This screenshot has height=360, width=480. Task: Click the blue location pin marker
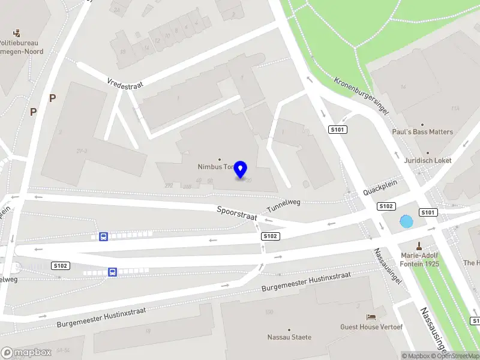click(241, 169)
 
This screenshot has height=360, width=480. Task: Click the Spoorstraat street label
click(236, 213)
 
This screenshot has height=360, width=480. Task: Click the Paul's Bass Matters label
click(422, 132)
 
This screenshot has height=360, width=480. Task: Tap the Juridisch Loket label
click(428, 161)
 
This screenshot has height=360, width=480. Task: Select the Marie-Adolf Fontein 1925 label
click(419, 260)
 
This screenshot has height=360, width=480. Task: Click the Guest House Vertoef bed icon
click(371, 317)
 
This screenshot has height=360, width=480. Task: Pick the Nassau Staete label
click(289, 337)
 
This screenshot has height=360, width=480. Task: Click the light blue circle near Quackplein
click(406, 221)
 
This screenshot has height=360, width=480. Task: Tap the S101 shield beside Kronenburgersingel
click(338, 130)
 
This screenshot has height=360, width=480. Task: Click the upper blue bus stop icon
click(103, 236)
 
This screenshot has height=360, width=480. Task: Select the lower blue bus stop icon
click(112, 272)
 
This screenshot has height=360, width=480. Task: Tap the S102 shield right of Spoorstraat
click(271, 236)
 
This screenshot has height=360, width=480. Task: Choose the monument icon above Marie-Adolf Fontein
click(419, 245)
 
